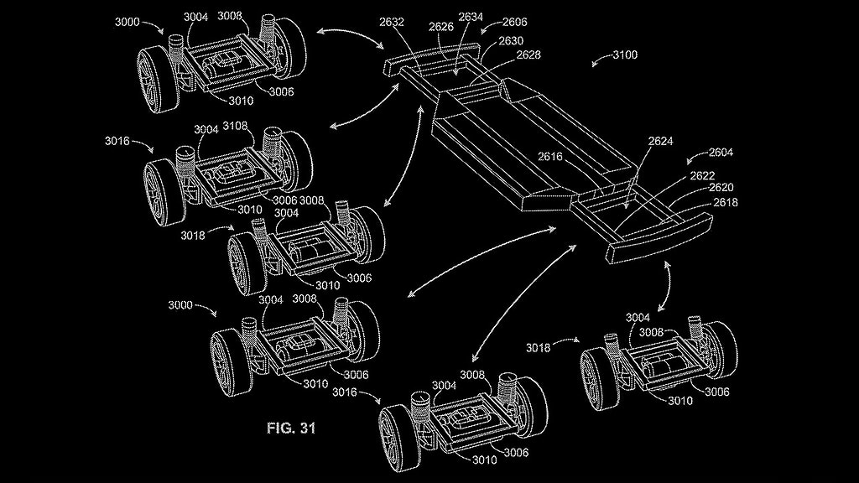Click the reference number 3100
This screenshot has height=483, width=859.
(x=624, y=55)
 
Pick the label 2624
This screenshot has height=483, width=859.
(x=661, y=142)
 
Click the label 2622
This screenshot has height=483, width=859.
(x=703, y=177)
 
